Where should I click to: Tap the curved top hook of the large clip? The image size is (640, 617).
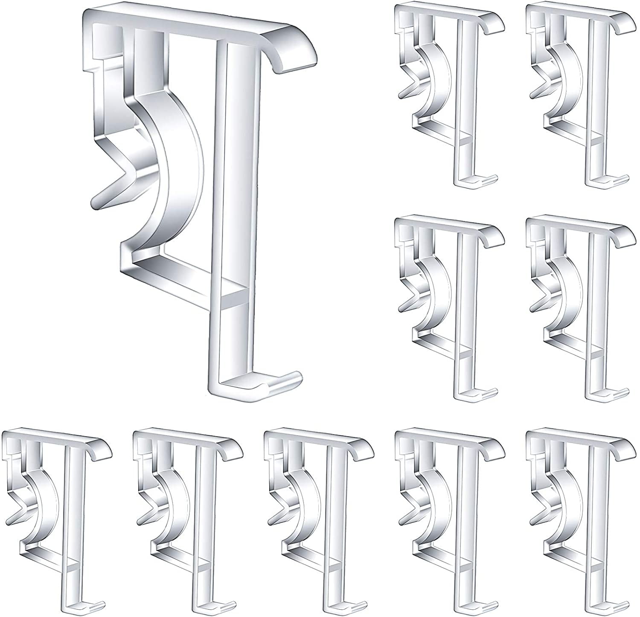click(294, 51)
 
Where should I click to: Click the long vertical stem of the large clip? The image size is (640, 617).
click(233, 213)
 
